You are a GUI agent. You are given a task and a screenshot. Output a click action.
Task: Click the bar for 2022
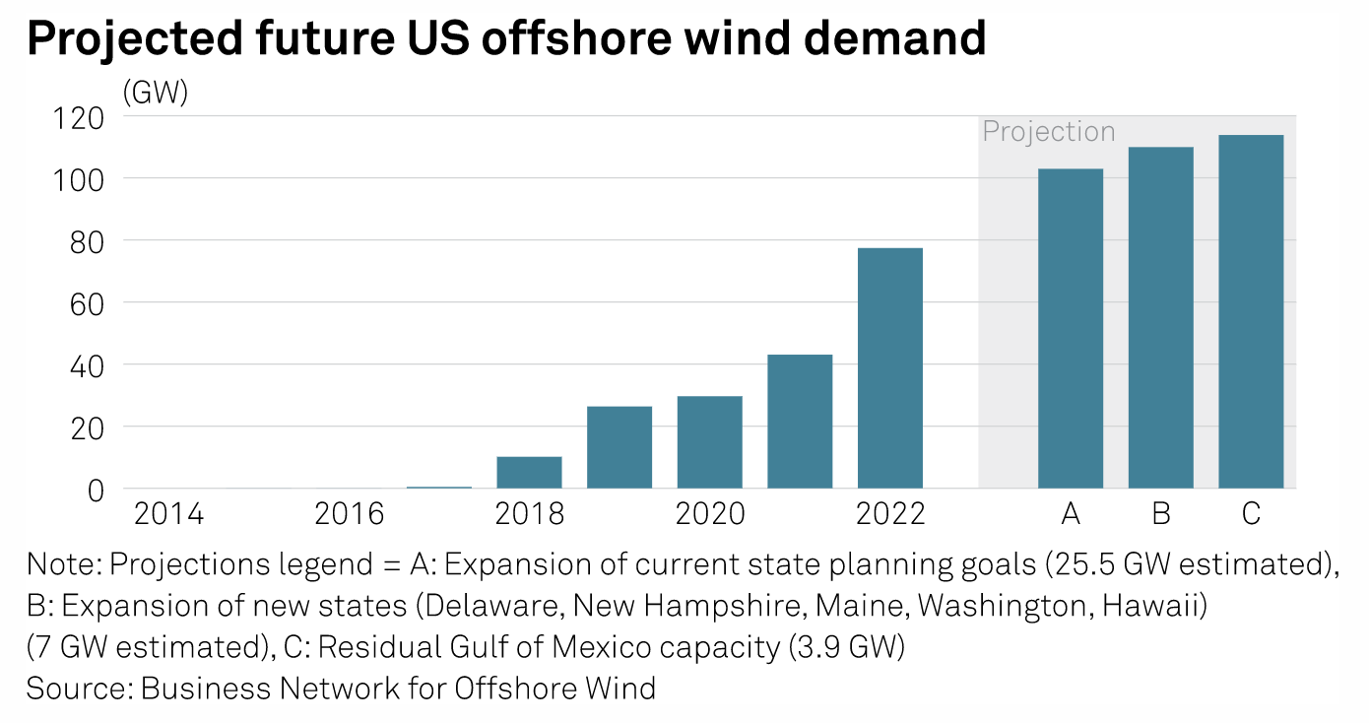[890, 368]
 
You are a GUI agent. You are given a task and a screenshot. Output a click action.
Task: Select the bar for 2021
[800, 422]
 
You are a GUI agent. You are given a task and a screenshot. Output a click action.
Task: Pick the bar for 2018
[529, 473]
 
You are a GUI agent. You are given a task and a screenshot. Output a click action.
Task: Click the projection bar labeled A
[1071, 329]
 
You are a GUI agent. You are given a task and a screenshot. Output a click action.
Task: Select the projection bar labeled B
[1160, 318]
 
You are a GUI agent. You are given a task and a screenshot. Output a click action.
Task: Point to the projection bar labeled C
[1251, 312]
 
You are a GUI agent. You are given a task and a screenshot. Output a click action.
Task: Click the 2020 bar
[709, 442]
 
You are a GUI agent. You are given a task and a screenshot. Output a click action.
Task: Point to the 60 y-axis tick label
[83, 303]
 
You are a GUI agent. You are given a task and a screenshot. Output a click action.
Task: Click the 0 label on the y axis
[96, 490]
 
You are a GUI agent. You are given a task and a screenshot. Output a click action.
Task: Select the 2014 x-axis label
[168, 514]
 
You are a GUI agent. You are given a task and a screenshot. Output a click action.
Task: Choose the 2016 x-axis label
[349, 514]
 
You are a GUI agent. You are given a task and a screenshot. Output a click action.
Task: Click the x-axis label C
[1251, 514]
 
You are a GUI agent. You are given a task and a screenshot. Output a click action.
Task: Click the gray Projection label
[1049, 132]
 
